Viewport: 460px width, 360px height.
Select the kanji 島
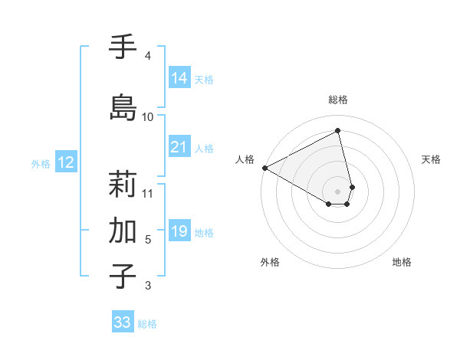click(x=123, y=108)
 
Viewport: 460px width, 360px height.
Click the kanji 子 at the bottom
click(x=123, y=277)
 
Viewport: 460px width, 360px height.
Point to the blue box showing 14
click(x=179, y=78)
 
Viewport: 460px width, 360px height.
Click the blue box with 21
click(x=179, y=147)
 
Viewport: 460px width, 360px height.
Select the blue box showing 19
click(x=179, y=231)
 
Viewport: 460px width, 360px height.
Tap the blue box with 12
click(x=66, y=162)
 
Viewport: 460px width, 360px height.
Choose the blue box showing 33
click(x=123, y=322)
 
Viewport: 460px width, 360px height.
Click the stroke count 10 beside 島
click(x=148, y=116)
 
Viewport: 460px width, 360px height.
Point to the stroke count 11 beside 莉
click(x=148, y=192)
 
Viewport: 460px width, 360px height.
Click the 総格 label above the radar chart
click(x=338, y=100)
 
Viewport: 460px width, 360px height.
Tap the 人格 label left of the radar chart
click(x=245, y=159)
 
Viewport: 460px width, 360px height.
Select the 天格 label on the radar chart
click(x=432, y=159)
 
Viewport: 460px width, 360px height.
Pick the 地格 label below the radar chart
click(x=402, y=262)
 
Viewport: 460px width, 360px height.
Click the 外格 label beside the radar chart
click(x=270, y=262)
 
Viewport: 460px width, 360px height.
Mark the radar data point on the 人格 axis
click(x=264, y=167)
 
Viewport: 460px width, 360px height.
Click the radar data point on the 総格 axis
click(x=338, y=131)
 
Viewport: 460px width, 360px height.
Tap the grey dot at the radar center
click(x=338, y=191)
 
